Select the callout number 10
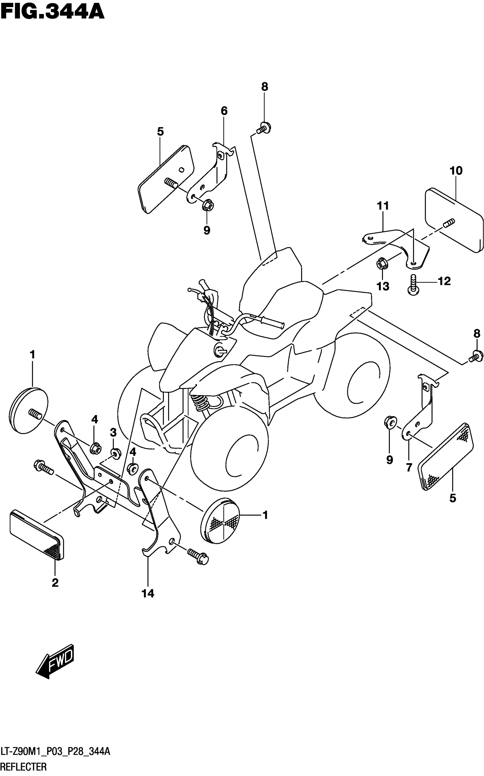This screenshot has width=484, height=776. point(456,171)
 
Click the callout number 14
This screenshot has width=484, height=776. point(148,594)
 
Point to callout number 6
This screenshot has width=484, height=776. point(224,111)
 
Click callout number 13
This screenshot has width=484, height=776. point(383,286)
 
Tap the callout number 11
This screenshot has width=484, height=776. point(383,206)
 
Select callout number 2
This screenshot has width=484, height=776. point(55,583)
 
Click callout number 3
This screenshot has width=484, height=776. point(113,433)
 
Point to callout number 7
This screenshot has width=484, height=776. point(409,467)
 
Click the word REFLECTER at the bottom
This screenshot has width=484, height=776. point(24,767)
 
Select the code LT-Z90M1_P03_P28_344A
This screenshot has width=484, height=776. point(55,752)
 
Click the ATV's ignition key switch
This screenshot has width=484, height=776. point(219,350)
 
